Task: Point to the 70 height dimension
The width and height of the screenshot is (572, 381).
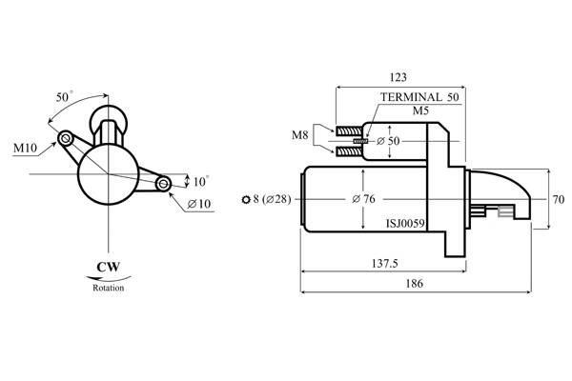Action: pos(559,200)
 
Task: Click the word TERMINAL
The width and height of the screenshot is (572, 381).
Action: pos(411,97)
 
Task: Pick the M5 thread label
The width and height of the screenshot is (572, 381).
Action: pos(420,111)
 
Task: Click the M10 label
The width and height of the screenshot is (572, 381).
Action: pos(26,149)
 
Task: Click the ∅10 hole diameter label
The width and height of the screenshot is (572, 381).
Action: pos(199,204)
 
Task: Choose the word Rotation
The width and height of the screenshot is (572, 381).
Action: pos(108,287)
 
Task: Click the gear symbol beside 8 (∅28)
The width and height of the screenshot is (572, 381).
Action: pos(248,199)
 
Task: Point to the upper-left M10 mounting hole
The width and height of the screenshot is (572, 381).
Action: pos(66,139)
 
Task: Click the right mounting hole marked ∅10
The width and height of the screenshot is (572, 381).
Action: pos(163,182)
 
